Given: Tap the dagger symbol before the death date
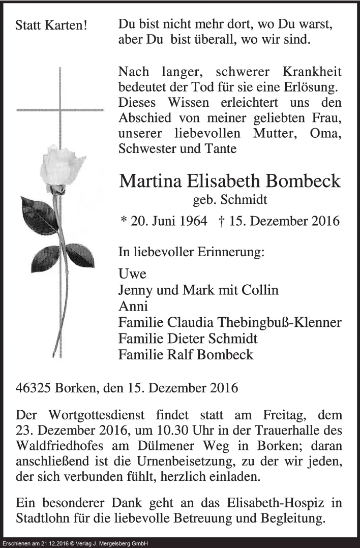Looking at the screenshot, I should [x=222, y=221].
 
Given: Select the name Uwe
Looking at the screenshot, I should [x=132, y=274].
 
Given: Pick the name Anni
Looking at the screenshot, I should [x=133, y=306].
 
